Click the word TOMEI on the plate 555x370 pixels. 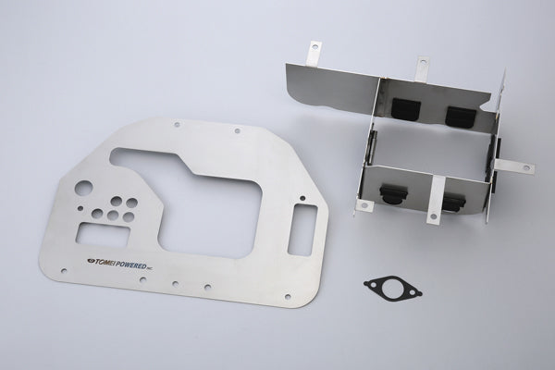point(103,263)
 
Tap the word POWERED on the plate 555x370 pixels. point(129,265)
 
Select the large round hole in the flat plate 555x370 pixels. point(84,189)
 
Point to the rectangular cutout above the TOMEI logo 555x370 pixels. point(104,235)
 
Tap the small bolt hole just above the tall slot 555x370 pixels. point(302,198)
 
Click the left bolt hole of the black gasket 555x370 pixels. point(370,283)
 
